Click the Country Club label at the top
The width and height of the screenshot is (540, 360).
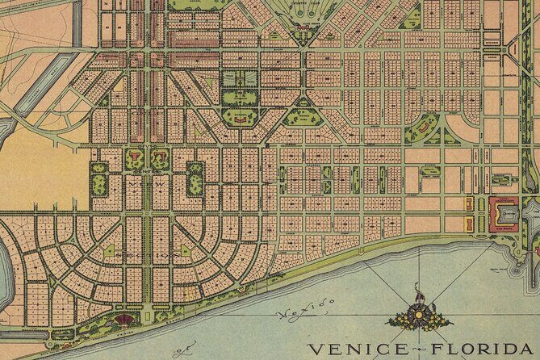(304, 6)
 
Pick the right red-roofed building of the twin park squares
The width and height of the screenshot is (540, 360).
(159, 153)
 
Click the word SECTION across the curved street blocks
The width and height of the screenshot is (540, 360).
(146, 254)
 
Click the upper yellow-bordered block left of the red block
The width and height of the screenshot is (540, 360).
(468, 201)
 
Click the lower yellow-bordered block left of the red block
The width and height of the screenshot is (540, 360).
(468, 224)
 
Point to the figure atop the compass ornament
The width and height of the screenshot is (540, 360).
(417, 289)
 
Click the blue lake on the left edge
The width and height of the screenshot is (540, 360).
(6, 258)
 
